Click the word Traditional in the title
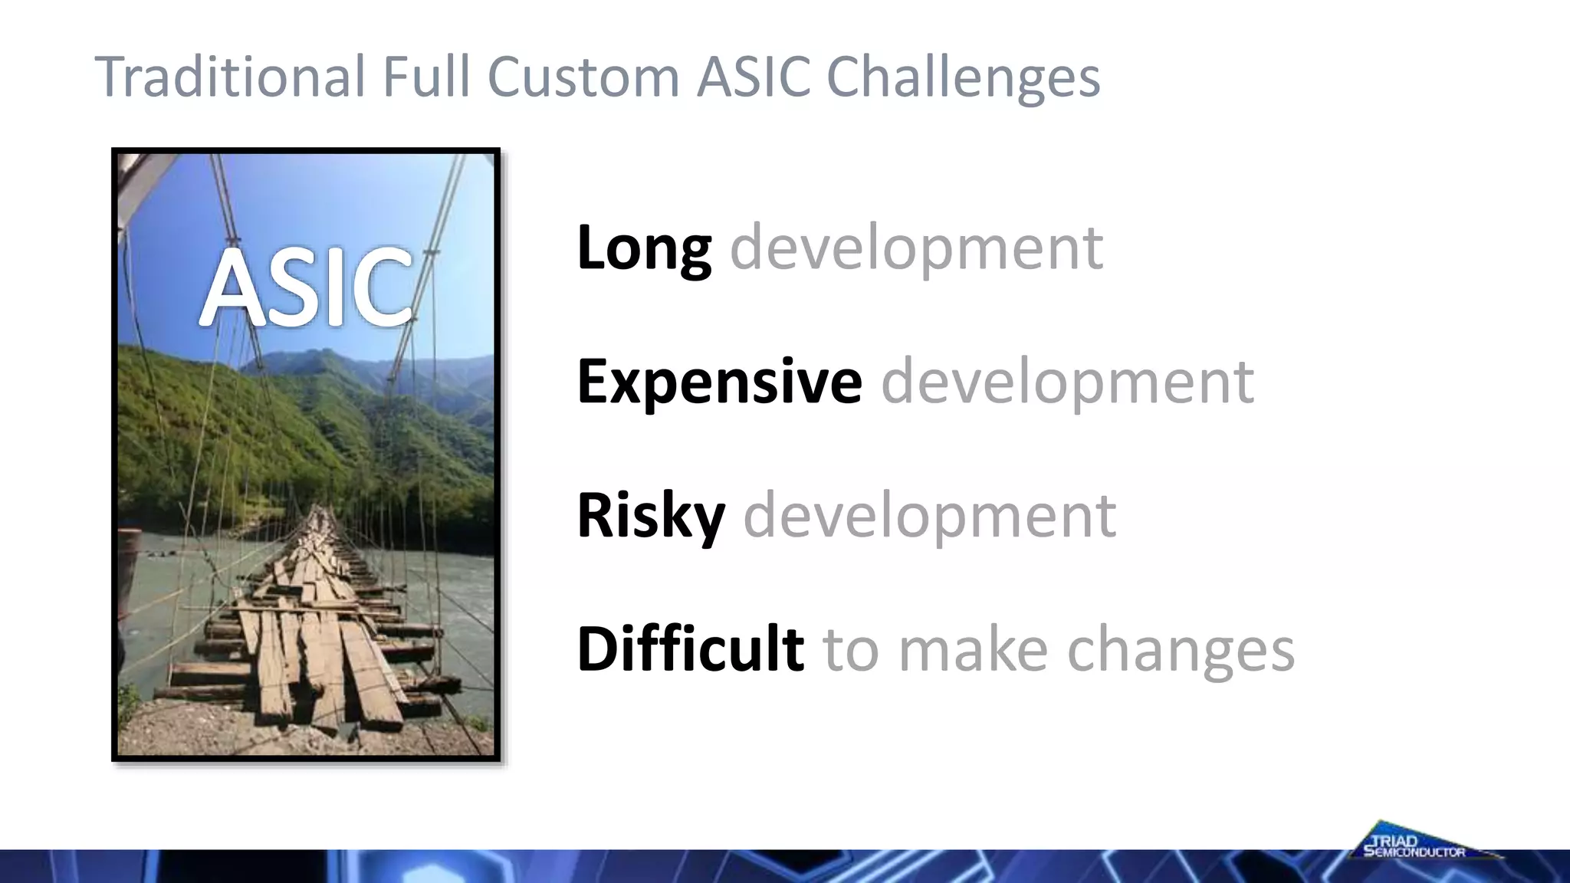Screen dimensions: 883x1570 click(x=230, y=77)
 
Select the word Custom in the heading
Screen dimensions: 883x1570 click(x=583, y=77)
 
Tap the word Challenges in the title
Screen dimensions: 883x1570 click(x=963, y=78)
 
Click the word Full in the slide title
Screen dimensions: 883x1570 click(x=425, y=77)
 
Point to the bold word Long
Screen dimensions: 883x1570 click(x=644, y=248)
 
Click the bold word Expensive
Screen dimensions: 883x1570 click(x=719, y=381)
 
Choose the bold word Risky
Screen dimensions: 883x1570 click(x=650, y=516)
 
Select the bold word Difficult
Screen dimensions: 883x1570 click(x=690, y=648)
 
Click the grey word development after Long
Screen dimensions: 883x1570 click(x=916, y=248)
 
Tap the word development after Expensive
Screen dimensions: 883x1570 click(x=1067, y=381)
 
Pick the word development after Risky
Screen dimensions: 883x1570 click(x=929, y=516)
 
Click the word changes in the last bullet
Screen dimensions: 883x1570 click(x=1181, y=650)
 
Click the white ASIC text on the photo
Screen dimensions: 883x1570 click(x=306, y=287)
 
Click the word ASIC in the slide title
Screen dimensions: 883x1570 click(x=754, y=77)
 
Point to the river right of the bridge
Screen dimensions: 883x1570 click(x=452, y=575)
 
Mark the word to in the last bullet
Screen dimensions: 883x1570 click(x=850, y=650)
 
